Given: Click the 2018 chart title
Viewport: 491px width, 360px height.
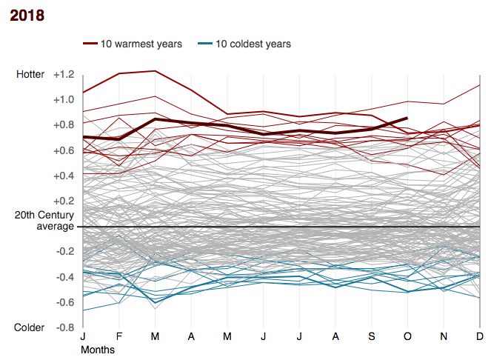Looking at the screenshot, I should click(x=27, y=16).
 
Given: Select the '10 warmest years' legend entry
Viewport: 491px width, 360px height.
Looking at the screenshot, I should click(x=133, y=44).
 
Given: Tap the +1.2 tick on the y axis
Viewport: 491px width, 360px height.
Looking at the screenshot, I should click(x=62, y=74).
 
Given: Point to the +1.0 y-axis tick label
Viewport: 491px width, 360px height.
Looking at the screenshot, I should click(x=62, y=99).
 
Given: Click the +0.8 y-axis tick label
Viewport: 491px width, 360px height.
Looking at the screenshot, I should click(x=62, y=124).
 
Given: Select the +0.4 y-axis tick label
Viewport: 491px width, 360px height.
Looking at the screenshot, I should click(x=62, y=176).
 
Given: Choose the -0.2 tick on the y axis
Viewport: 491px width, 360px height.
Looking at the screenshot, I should click(x=64, y=252).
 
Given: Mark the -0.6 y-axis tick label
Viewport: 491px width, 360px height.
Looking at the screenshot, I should click(x=64, y=302).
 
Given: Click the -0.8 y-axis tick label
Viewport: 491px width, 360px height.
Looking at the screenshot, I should click(x=64, y=327).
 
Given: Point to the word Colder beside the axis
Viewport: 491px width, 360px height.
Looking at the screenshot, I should click(x=30, y=327).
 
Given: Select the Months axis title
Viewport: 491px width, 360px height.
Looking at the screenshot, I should click(x=98, y=348).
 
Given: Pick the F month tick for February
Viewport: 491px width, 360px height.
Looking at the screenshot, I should click(x=119, y=337).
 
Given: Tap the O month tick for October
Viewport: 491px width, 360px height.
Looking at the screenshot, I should click(x=407, y=337).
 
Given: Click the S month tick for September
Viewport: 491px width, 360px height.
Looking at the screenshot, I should click(x=372, y=337).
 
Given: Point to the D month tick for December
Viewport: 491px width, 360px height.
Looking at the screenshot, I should click(x=480, y=337).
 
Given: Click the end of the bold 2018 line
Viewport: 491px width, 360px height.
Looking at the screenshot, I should click(x=407, y=118).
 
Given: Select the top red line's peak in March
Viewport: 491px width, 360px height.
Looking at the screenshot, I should click(x=155, y=71).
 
